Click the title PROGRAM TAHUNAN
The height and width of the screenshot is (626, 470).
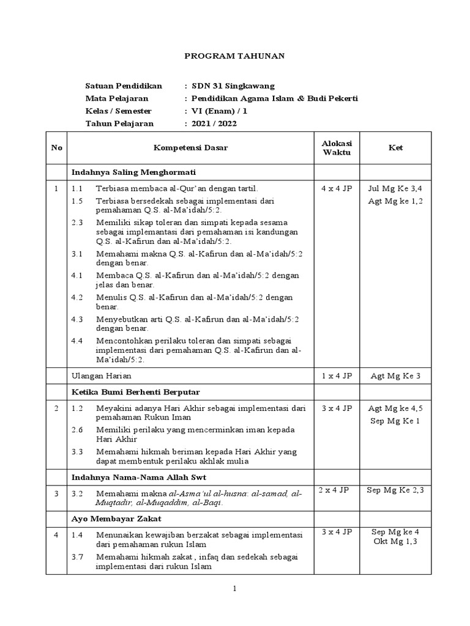click(x=234, y=56)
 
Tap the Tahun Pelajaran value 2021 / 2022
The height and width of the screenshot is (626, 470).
click(x=214, y=123)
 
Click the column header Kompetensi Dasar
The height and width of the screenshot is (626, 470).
click(x=190, y=148)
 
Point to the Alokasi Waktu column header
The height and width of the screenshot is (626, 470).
click(x=337, y=147)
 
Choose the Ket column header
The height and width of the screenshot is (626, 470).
click(x=395, y=148)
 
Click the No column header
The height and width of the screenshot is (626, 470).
click(x=57, y=148)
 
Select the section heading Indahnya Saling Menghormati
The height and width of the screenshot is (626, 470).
click(x=133, y=172)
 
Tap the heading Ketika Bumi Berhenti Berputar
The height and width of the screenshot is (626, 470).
click(x=135, y=391)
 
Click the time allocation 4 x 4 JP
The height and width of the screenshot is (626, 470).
click(x=337, y=188)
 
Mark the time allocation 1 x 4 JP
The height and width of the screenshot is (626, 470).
click(x=337, y=376)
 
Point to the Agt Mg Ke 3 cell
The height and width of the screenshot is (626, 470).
click(x=395, y=376)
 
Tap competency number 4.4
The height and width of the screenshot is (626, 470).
click(x=76, y=341)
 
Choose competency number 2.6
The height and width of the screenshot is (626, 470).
click(x=76, y=430)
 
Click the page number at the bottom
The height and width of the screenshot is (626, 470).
click(x=234, y=589)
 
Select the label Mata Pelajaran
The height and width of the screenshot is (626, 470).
click(x=116, y=98)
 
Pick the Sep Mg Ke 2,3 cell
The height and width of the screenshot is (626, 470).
click(x=395, y=490)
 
